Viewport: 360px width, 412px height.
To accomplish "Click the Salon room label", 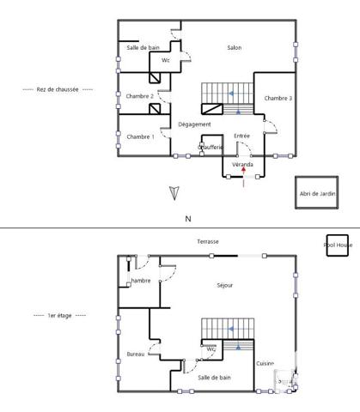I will pyautogui.click(x=234, y=48).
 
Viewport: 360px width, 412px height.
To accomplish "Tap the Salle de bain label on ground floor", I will pyautogui.click(x=143, y=48).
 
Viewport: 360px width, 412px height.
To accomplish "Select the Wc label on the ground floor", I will pyautogui.click(x=166, y=61).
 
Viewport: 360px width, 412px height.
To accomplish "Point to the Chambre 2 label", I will pyautogui.click(x=139, y=96).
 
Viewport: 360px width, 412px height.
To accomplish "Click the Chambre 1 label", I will pyautogui.click(x=140, y=136).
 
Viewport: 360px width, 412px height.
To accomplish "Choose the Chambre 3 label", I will pyautogui.click(x=278, y=99).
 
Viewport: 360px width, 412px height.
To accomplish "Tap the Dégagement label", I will pyautogui.click(x=194, y=124).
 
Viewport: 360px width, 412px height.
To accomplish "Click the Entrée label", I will pyautogui.click(x=241, y=136).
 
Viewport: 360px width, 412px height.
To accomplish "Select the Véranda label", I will pyautogui.click(x=243, y=164).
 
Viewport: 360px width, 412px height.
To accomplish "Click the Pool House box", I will pyautogui.click(x=336, y=244).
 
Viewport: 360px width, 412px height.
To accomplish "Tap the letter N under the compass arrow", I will pyautogui.click(x=188, y=220).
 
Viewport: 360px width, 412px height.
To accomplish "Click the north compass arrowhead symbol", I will pyautogui.click(x=174, y=193).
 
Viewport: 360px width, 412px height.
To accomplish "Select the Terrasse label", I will pyautogui.click(x=208, y=242).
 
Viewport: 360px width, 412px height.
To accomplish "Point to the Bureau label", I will pyautogui.click(x=136, y=354).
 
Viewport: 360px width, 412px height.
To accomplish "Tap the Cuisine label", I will pyautogui.click(x=265, y=364).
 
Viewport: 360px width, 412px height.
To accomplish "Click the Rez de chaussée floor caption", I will pyautogui.click(x=57, y=89).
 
